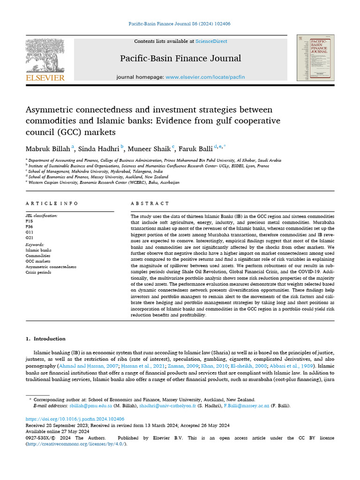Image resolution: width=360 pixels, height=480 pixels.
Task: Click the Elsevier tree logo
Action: (x=45, y=55)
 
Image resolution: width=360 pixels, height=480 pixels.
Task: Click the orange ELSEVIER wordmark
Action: (x=45, y=78)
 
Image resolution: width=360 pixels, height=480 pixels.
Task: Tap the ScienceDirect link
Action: (x=211, y=41)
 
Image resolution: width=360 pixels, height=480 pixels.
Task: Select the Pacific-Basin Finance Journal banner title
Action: (x=180, y=59)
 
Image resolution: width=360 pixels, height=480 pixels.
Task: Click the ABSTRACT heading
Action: (x=150, y=203)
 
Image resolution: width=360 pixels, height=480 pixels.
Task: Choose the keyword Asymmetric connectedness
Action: (x=51, y=267)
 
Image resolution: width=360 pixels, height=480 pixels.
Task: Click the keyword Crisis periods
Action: (x=38, y=272)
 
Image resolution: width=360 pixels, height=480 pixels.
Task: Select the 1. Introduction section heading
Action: (x=45, y=338)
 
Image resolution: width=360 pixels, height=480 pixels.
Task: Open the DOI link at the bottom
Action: (x=75, y=419)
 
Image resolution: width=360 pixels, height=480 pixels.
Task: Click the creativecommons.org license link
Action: (x=76, y=443)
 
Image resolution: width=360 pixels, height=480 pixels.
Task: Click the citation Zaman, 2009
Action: (x=176, y=365)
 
